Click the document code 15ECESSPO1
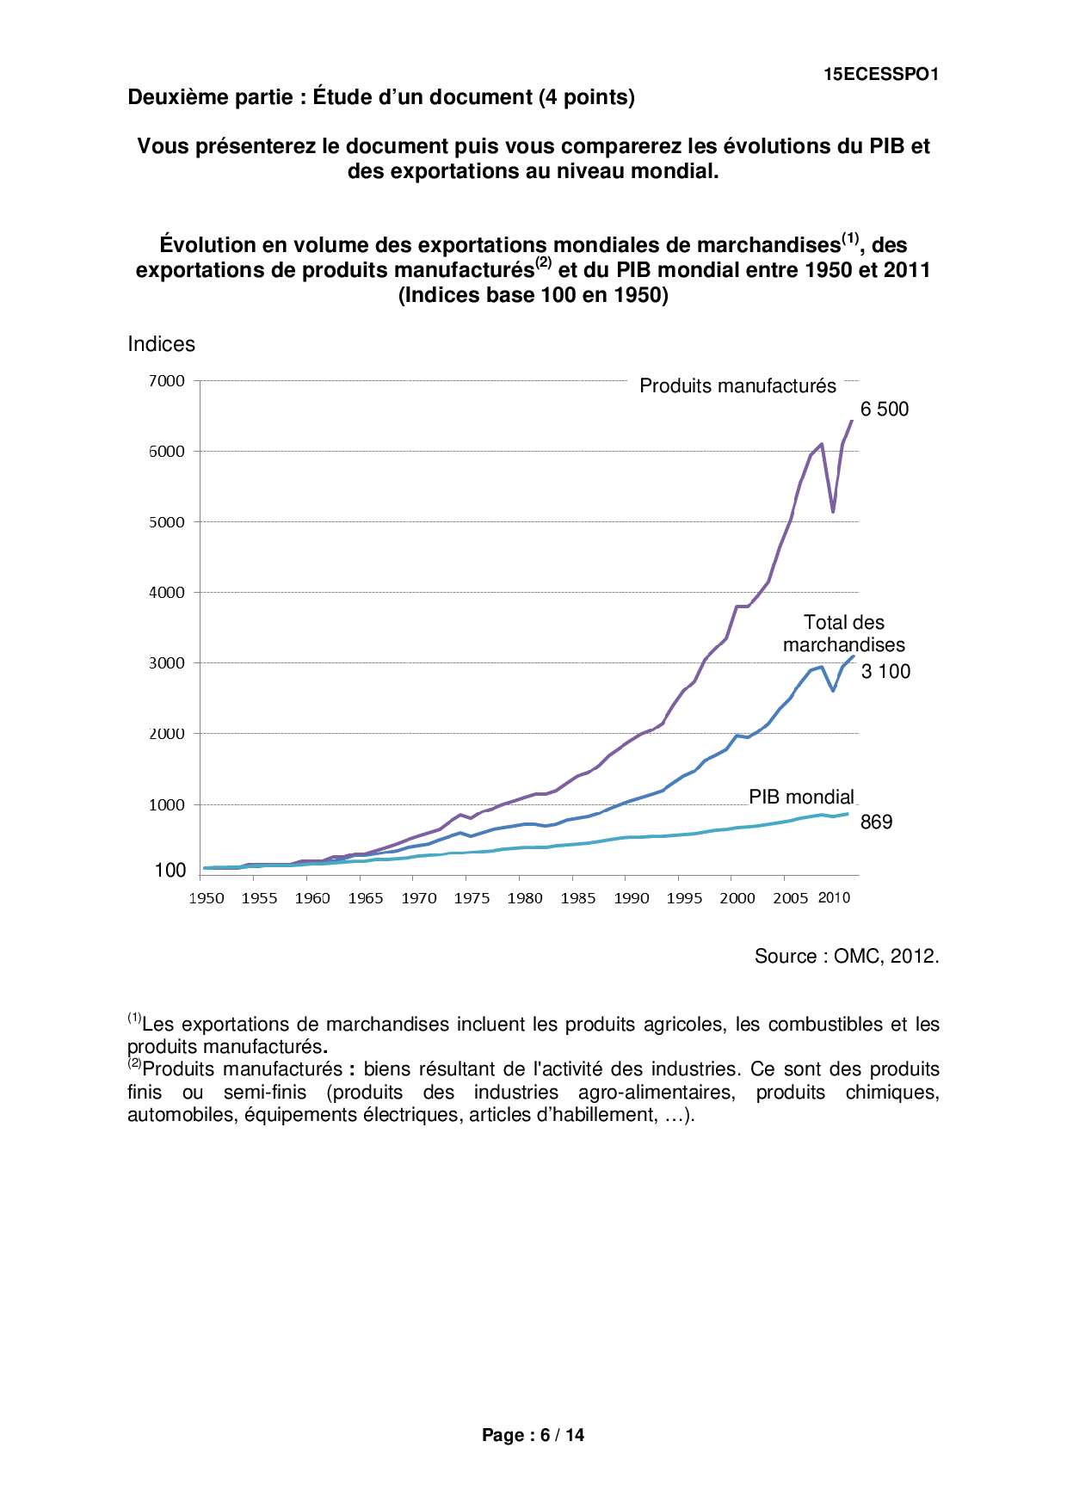click(880, 75)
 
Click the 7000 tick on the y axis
click(167, 381)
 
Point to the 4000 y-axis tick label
click(167, 593)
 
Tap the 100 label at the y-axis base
click(170, 871)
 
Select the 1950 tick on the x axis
click(207, 898)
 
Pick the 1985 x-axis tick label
click(578, 898)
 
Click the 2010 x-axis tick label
click(833, 898)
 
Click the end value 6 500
click(885, 410)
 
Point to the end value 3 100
click(885, 672)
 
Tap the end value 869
click(876, 822)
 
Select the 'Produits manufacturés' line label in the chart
click(737, 386)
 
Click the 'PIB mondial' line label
click(801, 797)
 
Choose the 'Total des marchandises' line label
click(843, 634)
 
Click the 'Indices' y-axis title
click(161, 344)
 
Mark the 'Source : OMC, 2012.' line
click(847, 957)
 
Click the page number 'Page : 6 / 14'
click(533, 1435)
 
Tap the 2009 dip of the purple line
click(833, 512)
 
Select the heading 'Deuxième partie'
click(210, 97)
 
